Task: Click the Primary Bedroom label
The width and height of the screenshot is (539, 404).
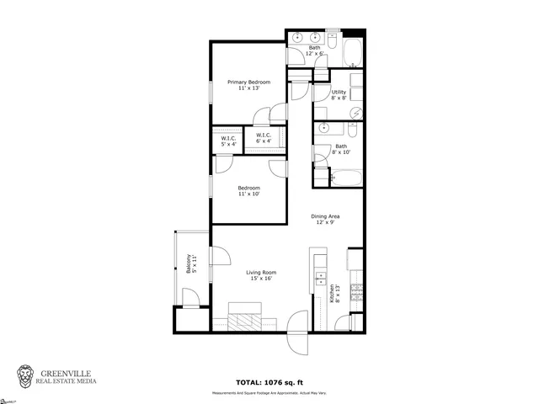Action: tap(248, 84)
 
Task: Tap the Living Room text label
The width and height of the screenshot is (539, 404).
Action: tap(261, 275)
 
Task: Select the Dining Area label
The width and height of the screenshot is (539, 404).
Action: tap(327, 219)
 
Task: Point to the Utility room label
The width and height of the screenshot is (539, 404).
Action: tap(339, 94)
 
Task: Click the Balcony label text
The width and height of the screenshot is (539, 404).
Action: tap(191, 265)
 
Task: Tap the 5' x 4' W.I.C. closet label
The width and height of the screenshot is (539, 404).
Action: tap(227, 140)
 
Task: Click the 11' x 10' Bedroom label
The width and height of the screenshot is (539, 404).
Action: tap(248, 190)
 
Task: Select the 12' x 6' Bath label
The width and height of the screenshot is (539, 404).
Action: tap(315, 50)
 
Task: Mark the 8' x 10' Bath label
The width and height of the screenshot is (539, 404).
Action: tap(340, 149)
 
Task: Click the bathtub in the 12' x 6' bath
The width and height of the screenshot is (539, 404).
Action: tap(353, 52)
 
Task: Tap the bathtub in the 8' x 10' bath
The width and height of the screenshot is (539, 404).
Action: tap(345, 179)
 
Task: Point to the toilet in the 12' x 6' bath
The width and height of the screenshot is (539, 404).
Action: tap(333, 40)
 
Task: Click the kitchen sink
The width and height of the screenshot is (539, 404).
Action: tap(320, 277)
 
